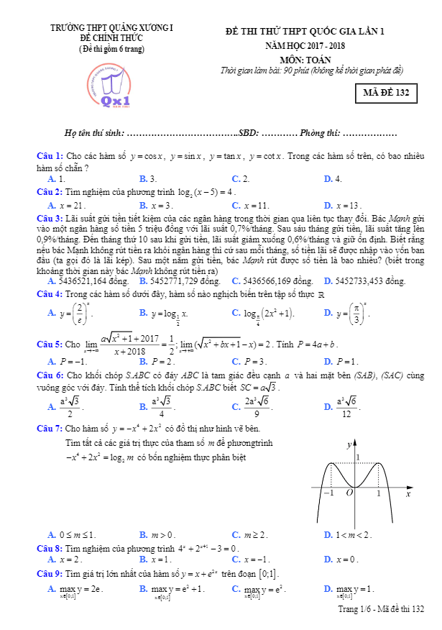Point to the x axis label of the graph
408,495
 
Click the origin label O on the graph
349,493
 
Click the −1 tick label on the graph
328,494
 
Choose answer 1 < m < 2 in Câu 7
352,534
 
